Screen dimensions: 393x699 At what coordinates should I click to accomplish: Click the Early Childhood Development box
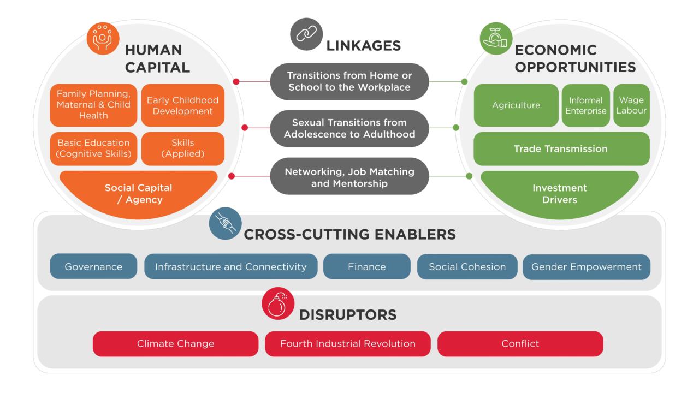click(182, 105)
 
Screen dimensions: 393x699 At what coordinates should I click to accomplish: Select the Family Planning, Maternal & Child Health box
click(93, 105)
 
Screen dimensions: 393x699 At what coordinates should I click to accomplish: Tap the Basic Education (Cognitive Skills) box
click(93, 148)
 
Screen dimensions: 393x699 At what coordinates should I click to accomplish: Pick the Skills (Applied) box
click(182, 148)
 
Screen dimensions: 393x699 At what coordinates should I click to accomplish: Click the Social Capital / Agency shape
click(139, 193)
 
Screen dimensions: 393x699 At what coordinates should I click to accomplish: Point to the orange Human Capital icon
click(103, 38)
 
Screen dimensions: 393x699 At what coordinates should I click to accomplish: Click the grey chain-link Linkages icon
click(306, 34)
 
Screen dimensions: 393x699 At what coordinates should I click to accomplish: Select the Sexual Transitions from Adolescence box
click(349, 128)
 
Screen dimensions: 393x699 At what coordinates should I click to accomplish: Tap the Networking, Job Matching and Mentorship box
click(349, 177)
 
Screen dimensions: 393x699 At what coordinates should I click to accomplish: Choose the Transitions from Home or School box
click(349, 81)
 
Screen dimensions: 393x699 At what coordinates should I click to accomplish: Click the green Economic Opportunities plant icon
click(496, 38)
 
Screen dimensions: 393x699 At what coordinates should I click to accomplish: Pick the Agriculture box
click(516, 105)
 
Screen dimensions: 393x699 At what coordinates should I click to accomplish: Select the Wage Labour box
click(631, 105)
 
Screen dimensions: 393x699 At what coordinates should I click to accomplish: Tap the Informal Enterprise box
click(586, 105)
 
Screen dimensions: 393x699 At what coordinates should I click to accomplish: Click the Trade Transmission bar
click(561, 148)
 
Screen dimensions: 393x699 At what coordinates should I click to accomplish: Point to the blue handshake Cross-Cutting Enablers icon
click(225, 223)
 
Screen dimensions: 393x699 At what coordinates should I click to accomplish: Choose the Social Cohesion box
click(467, 267)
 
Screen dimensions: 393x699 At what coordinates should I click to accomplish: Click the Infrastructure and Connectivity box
click(230, 267)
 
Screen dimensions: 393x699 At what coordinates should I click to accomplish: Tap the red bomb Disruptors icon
click(278, 303)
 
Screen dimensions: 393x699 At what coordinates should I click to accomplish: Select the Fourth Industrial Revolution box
click(347, 344)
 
